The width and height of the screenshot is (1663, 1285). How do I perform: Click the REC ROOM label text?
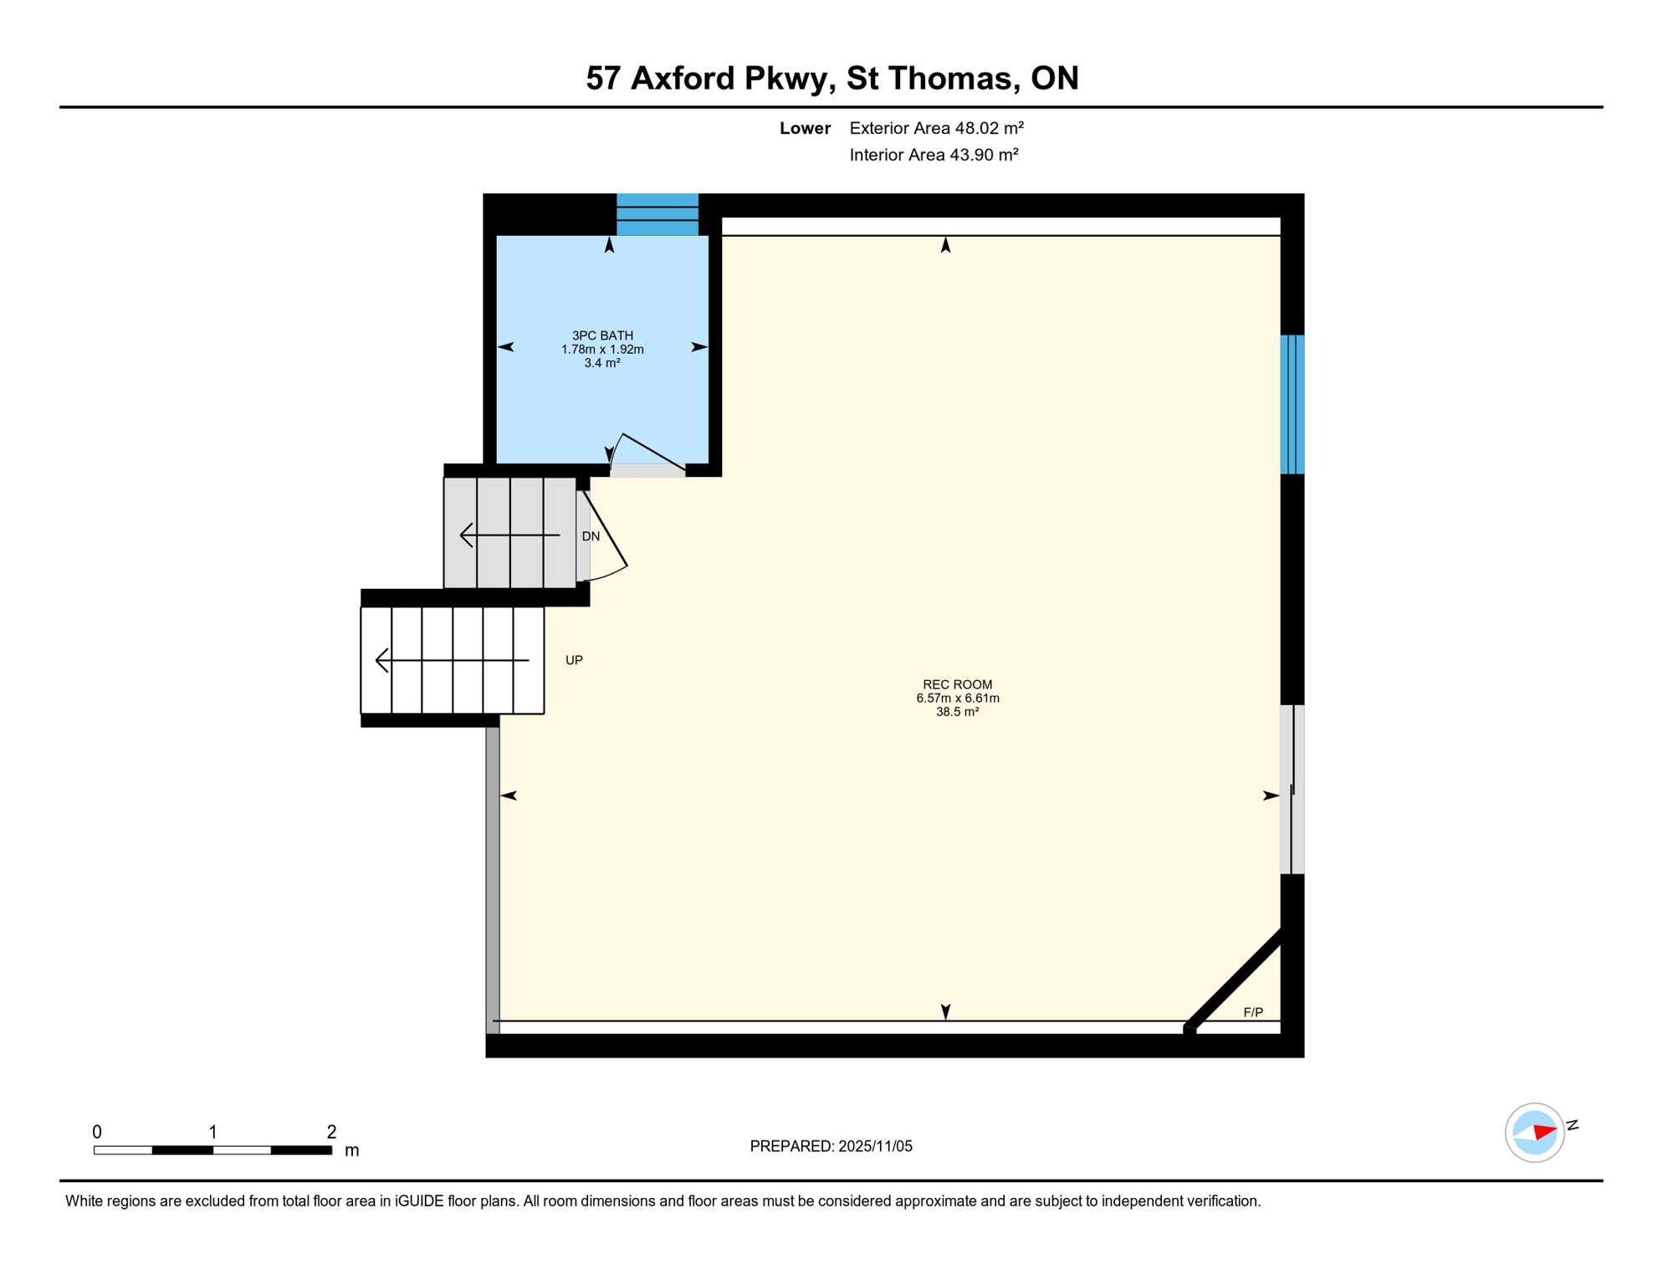tap(957, 684)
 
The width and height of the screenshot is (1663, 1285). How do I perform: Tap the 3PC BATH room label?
tap(602, 335)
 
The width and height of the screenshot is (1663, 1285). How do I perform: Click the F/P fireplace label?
tap(1252, 1012)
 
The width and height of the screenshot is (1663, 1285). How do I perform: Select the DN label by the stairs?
tap(591, 536)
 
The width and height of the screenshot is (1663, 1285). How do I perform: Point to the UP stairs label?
tap(574, 660)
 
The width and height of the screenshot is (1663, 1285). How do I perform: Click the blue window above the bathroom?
tap(658, 214)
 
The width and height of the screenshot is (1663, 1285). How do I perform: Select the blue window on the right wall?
tap(1292, 404)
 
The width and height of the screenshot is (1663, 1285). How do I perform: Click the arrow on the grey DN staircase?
tap(509, 535)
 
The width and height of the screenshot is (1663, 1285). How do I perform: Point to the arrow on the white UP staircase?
tap(452, 660)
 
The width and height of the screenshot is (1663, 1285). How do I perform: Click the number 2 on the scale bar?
tap(331, 1132)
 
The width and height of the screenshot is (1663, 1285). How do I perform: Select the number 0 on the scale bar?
tap(97, 1132)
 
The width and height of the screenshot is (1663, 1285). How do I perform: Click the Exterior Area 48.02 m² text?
tap(936, 128)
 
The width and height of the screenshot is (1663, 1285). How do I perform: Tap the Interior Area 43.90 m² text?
tap(934, 155)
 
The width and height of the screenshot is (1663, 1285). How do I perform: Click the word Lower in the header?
tap(805, 128)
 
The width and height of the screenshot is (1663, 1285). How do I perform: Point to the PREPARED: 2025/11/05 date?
tap(831, 1146)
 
